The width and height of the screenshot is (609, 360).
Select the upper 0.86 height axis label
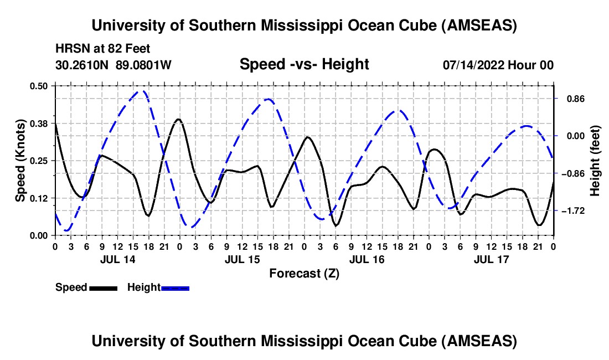pyautogui.click(x=574, y=99)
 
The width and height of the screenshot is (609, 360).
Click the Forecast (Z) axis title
pyautogui.click(x=304, y=273)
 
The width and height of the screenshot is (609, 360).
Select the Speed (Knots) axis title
pyautogui.click(x=20, y=161)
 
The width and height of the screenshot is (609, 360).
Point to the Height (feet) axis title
pyautogui.click(x=595, y=161)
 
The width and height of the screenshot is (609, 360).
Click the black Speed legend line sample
pyautogui.click(x=103, y=287)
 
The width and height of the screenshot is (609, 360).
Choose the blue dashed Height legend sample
pyautogui.click(x=175, y=287)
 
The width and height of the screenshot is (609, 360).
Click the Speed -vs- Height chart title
pyautogui.click(x=304, y=64)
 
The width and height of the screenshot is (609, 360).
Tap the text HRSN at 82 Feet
pyautogui.click(x=103, y=49)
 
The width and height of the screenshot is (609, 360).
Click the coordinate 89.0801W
pyautogui.click(x=144, y=65)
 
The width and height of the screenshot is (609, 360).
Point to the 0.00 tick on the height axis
pyautogui.click(x=574, y=136)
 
